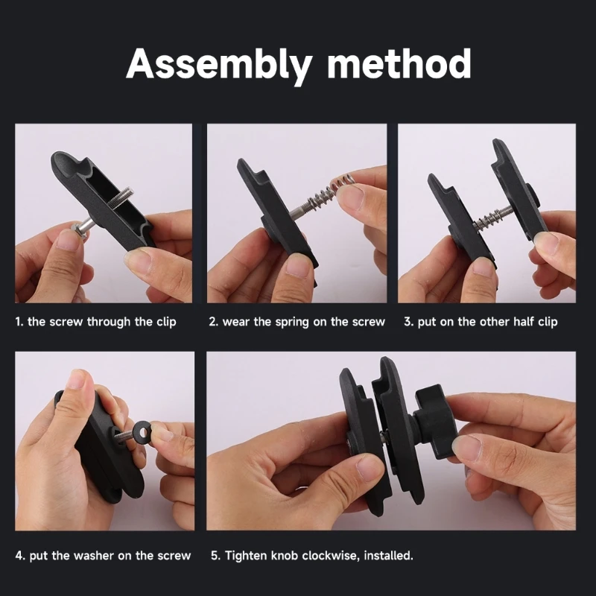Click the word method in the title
click(399, 64)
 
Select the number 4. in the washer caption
click(20, 555)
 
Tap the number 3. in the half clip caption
click(408, 322)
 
